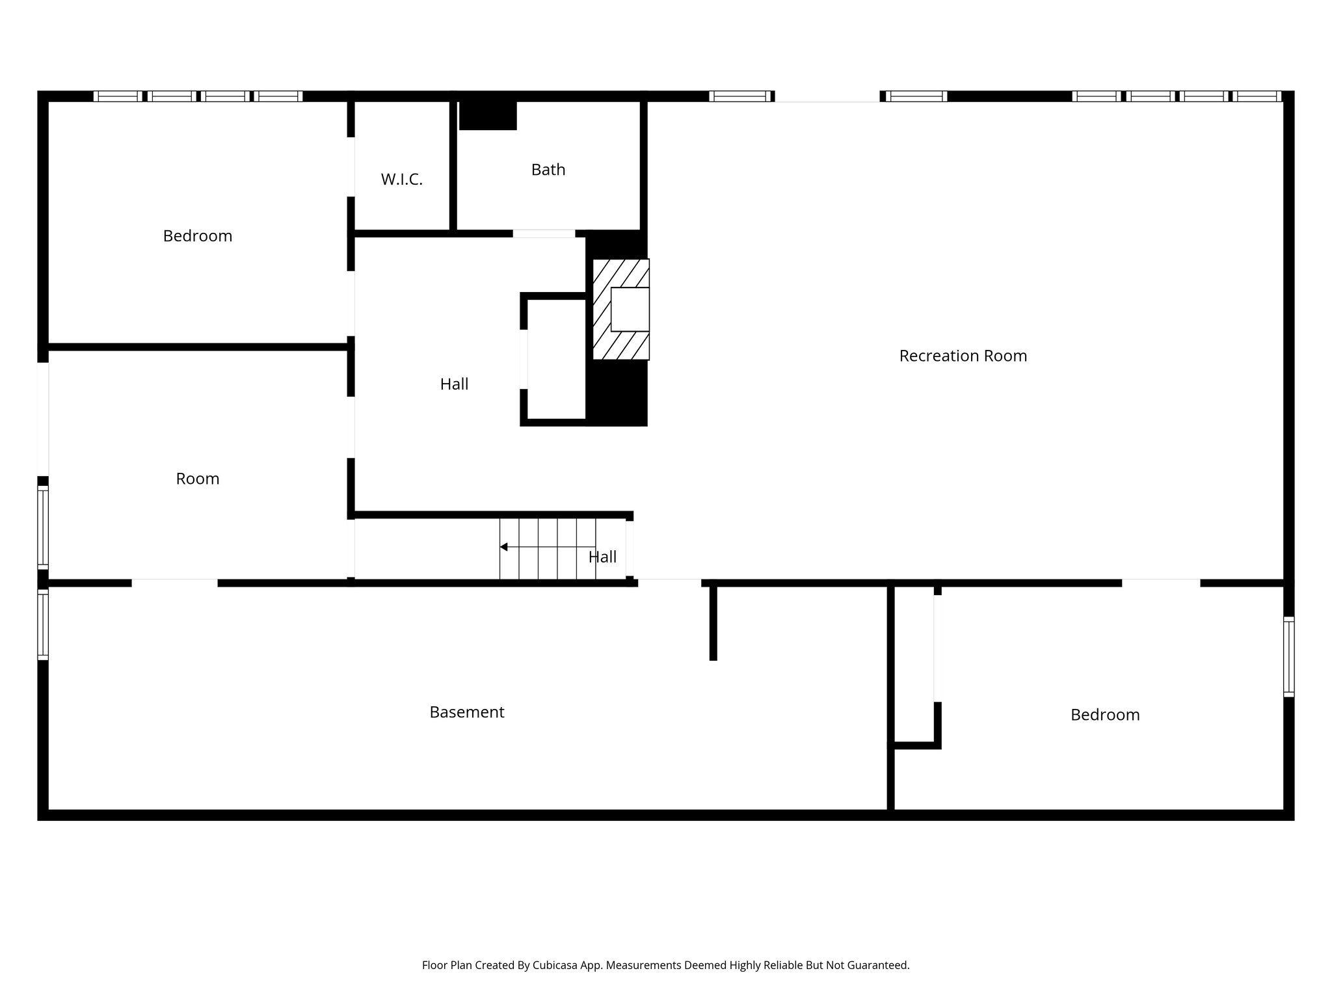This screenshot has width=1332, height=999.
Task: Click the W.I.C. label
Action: pos(401,180)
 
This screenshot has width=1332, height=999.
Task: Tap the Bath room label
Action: pos(548,170)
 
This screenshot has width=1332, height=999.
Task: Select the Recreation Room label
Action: pos(963,356)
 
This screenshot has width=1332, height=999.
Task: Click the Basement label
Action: pos(466,712)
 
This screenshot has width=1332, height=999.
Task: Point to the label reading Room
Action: pos(197,479)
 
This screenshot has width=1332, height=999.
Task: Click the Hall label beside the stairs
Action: pos(602,557)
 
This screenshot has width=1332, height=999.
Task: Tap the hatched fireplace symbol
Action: pos(620,310)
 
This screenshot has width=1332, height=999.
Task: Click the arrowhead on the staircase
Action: pos(503,547)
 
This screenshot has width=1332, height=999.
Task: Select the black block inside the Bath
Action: pos(488,115)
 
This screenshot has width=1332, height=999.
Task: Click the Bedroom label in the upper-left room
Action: pos(197,235)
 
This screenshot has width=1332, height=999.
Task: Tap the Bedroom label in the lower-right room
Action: pos(1104,715)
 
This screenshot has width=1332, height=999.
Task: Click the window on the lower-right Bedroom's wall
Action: pos(1288,656)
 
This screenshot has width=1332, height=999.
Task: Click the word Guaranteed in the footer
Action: pos(877,965)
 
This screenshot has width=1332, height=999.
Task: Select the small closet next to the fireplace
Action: pos(556,359)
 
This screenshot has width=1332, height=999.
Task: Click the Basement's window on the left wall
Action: pos(43,624)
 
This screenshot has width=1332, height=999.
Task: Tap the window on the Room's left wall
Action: pos(43,527)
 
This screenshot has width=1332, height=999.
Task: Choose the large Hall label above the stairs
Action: pos(453,384)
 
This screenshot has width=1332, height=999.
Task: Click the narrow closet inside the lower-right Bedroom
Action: pos(914,663)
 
